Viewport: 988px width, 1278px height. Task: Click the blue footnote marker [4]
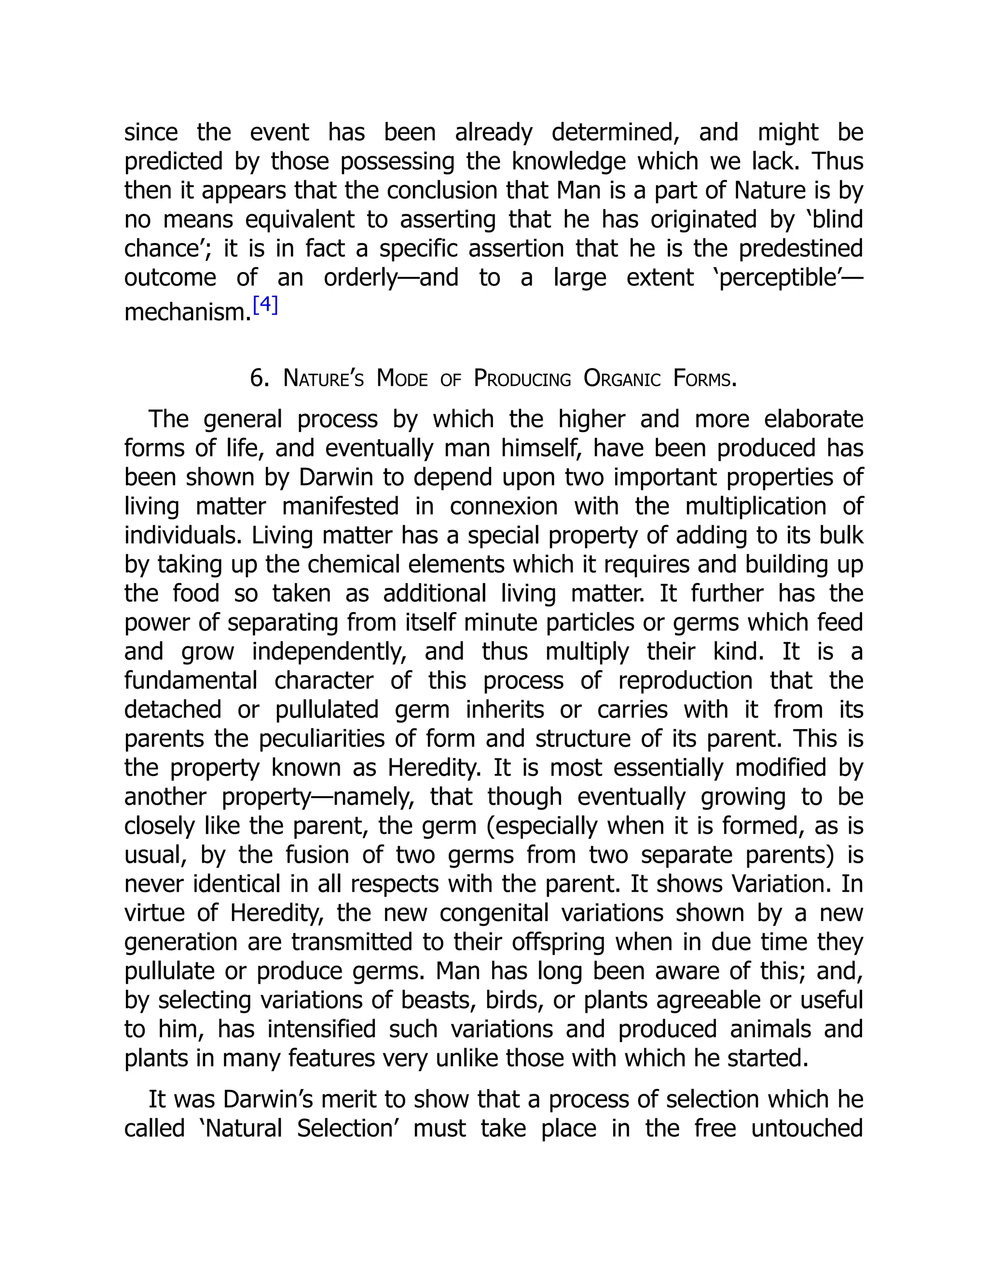(x=265, y=306)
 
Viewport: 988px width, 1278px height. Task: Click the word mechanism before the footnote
(x=187, y=313)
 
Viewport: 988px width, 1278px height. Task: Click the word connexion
(x=503, y=506)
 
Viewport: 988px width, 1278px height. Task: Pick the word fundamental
(x=191, y=680)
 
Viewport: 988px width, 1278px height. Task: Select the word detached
(x=173, y=710)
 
